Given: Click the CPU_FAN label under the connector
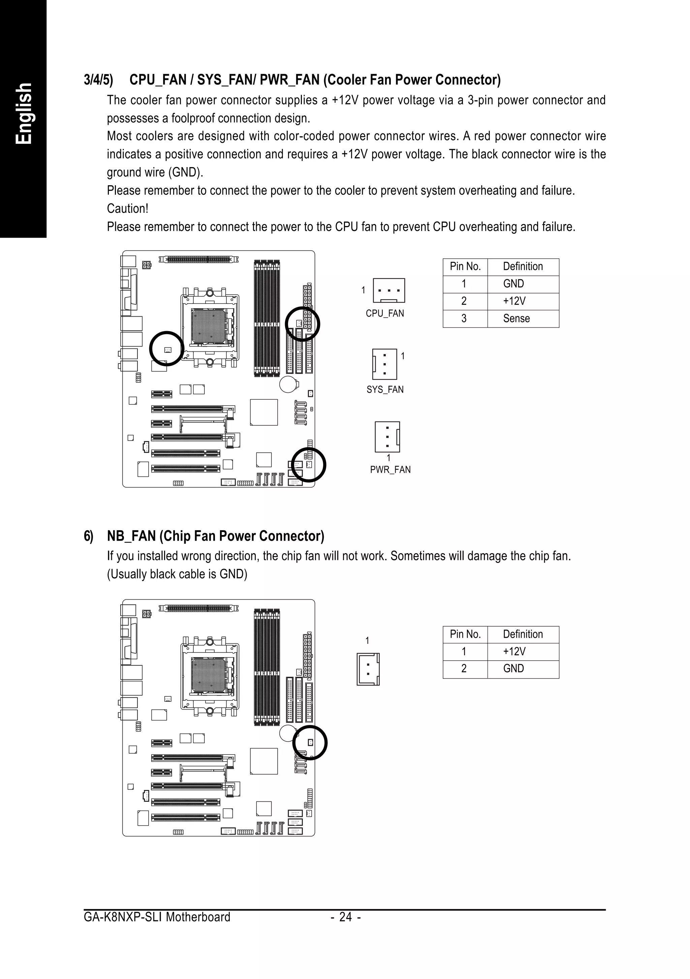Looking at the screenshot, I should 385,313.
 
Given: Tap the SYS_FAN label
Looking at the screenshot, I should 385,389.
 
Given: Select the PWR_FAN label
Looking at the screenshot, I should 390,470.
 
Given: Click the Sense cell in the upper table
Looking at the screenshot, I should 516,318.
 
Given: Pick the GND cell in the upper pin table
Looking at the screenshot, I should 513,284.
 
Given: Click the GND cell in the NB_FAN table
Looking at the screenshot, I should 513,669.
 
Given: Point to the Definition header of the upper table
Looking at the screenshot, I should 523,266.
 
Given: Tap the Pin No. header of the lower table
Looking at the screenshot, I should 465,634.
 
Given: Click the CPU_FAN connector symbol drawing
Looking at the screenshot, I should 388,290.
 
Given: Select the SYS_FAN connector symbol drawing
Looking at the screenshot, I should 385,364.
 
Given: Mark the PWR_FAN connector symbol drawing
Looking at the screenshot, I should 387,437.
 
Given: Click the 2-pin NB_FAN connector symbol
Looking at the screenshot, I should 368,669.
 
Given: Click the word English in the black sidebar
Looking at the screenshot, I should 24,114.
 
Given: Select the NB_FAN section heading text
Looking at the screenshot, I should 215,536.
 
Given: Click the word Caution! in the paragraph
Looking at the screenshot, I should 127,209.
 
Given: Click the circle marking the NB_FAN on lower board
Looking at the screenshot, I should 310,743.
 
